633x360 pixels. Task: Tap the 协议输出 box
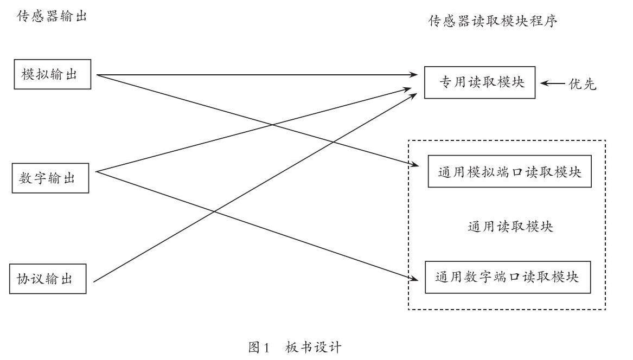pyautogui.click(x=48, y=279)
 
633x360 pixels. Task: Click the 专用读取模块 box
pyautogui.click(x=479, y=83)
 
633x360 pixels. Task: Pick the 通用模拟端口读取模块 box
pyautogui.click(x=509, y=172)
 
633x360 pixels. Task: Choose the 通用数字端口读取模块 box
pyautogui.click(x=508, y=277)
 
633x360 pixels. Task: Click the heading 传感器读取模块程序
pyautogui.click(x=493, y=21)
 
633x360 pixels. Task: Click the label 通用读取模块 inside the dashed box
pyautogui.click(x=510, y=226)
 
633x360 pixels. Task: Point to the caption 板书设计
pyautogui.click(x=314, y=347)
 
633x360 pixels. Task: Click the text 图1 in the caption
pyautogui.click(x=259, y=347)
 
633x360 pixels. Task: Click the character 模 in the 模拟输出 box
pyautogui.click(x=28, y=74)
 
